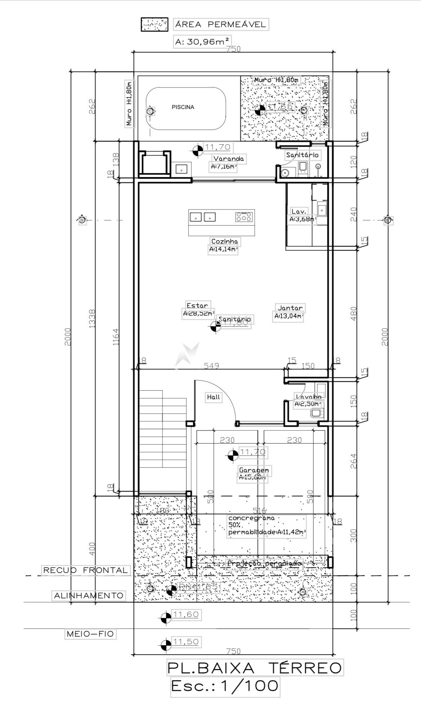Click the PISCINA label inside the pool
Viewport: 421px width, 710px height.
pyautogui.click(x=183, y=107)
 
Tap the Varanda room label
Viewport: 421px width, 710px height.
pyautogui.click(x=228, y=159)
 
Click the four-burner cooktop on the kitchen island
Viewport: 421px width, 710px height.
pyautogui.click(x=244, y=217)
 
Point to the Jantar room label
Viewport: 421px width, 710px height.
pyautogui.click(x=290, y=308)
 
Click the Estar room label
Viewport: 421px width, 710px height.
pyautogui.click(x=197, y=305)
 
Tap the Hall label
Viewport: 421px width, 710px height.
pyautogui.click(x=213, y=397)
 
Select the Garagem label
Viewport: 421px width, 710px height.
pyautogui.click(x=254, y=470)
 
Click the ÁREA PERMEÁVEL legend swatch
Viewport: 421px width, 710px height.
pyautogui.click(x=154, y=25)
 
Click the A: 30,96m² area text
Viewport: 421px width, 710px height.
pyautogui.click(x=202, y=42)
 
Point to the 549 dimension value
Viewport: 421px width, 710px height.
pyautogui.click(x=212, y=366)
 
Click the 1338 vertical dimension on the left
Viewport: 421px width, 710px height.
pyautogui.click(x=92, y=318)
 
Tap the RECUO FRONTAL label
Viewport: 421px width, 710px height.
pyautogui.click(x=85, y=570)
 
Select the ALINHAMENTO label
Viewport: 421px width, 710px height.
pyautogui.click(x=89, y=595)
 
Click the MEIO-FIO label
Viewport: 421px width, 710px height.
pyautogui.click(x=90, y=634)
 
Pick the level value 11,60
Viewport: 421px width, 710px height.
pyautogui.click(x=186, y=615)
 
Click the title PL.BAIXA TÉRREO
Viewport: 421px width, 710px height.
pyautogui.click(x=254, y=668)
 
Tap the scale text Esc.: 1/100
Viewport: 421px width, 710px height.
pyautogui.click(x=225, y=686)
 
